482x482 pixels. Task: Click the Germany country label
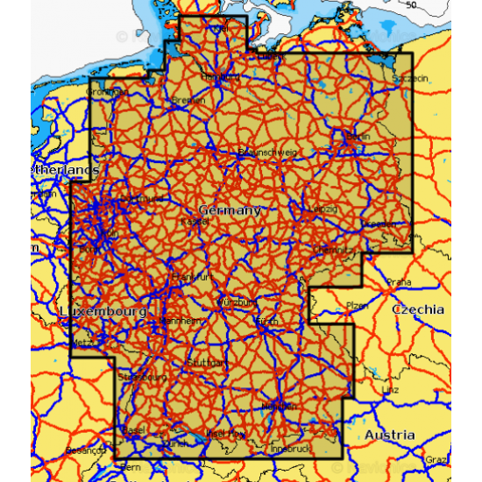coord(230,210)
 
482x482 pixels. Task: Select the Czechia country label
coord(418,310)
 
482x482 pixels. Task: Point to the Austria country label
coord(390,435)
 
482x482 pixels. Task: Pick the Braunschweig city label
coord(268,152)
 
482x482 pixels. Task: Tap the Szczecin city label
coord(412,79)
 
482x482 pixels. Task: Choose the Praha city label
coord(399,282)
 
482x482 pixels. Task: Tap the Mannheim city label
coord(177,321)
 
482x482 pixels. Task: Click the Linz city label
coord(391,389)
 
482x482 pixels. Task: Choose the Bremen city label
coord(188,100)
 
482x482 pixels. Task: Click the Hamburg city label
coord(221,77)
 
